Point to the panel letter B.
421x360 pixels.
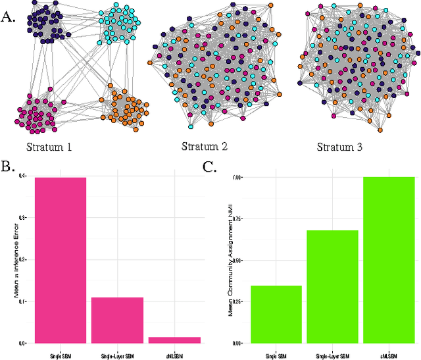(9, 167)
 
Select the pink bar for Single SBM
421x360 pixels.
(61, 260)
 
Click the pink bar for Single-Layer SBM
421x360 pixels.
(117, 320)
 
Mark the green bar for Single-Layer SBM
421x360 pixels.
(332, 286)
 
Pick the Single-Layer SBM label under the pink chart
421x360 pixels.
(117, 355)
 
